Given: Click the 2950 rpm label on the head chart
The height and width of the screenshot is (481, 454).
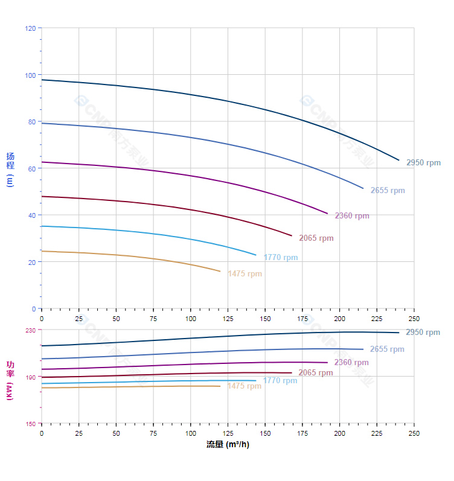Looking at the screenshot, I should (423, 163).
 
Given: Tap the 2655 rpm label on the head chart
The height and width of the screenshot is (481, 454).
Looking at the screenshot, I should (388, 191).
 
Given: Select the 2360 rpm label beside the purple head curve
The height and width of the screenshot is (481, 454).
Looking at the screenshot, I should (352, 216).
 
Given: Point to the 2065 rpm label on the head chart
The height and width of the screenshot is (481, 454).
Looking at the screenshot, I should (316, 238).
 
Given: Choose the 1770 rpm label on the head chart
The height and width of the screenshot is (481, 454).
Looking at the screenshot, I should (281, 258).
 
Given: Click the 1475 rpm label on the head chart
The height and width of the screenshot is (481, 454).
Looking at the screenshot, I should (245, 274).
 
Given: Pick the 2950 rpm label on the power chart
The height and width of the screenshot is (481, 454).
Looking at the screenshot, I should (423, 333).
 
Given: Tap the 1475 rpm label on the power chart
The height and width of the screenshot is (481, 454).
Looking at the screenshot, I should (245, 386).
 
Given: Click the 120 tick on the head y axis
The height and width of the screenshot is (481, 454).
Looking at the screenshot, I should (30, 28).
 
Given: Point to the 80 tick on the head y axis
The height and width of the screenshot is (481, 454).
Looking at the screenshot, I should (32, 122).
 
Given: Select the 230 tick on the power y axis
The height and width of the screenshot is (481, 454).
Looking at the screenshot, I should (30, 330).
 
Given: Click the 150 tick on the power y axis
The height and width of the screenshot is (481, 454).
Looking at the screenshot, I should (30, 424).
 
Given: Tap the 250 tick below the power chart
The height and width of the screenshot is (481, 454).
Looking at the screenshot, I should (414, 433).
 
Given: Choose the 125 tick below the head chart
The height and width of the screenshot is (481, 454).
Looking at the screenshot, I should (228, 318).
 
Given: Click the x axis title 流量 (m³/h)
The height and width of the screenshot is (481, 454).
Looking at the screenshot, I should (228, 445).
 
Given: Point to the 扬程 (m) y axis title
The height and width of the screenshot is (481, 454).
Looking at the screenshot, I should (10, 169).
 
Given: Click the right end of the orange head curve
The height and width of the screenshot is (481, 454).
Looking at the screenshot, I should (220, 272).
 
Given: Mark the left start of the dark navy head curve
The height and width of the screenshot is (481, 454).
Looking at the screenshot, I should (42, 80).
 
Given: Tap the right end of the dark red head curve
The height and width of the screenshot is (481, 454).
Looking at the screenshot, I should (292, 236).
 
